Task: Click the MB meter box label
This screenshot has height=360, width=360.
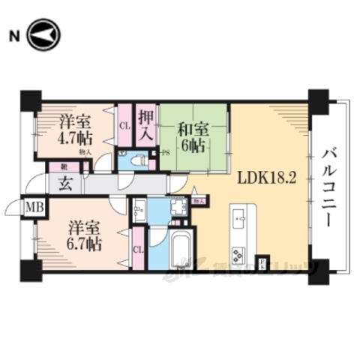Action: [x=34, y=206]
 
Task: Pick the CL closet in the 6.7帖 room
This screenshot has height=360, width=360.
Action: [x=138, y=250]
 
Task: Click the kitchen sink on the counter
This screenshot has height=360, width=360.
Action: [x=240, y=218]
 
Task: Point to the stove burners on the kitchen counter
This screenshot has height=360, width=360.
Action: [x=240, y=253]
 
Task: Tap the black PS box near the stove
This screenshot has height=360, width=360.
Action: [x=262, y=263]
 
